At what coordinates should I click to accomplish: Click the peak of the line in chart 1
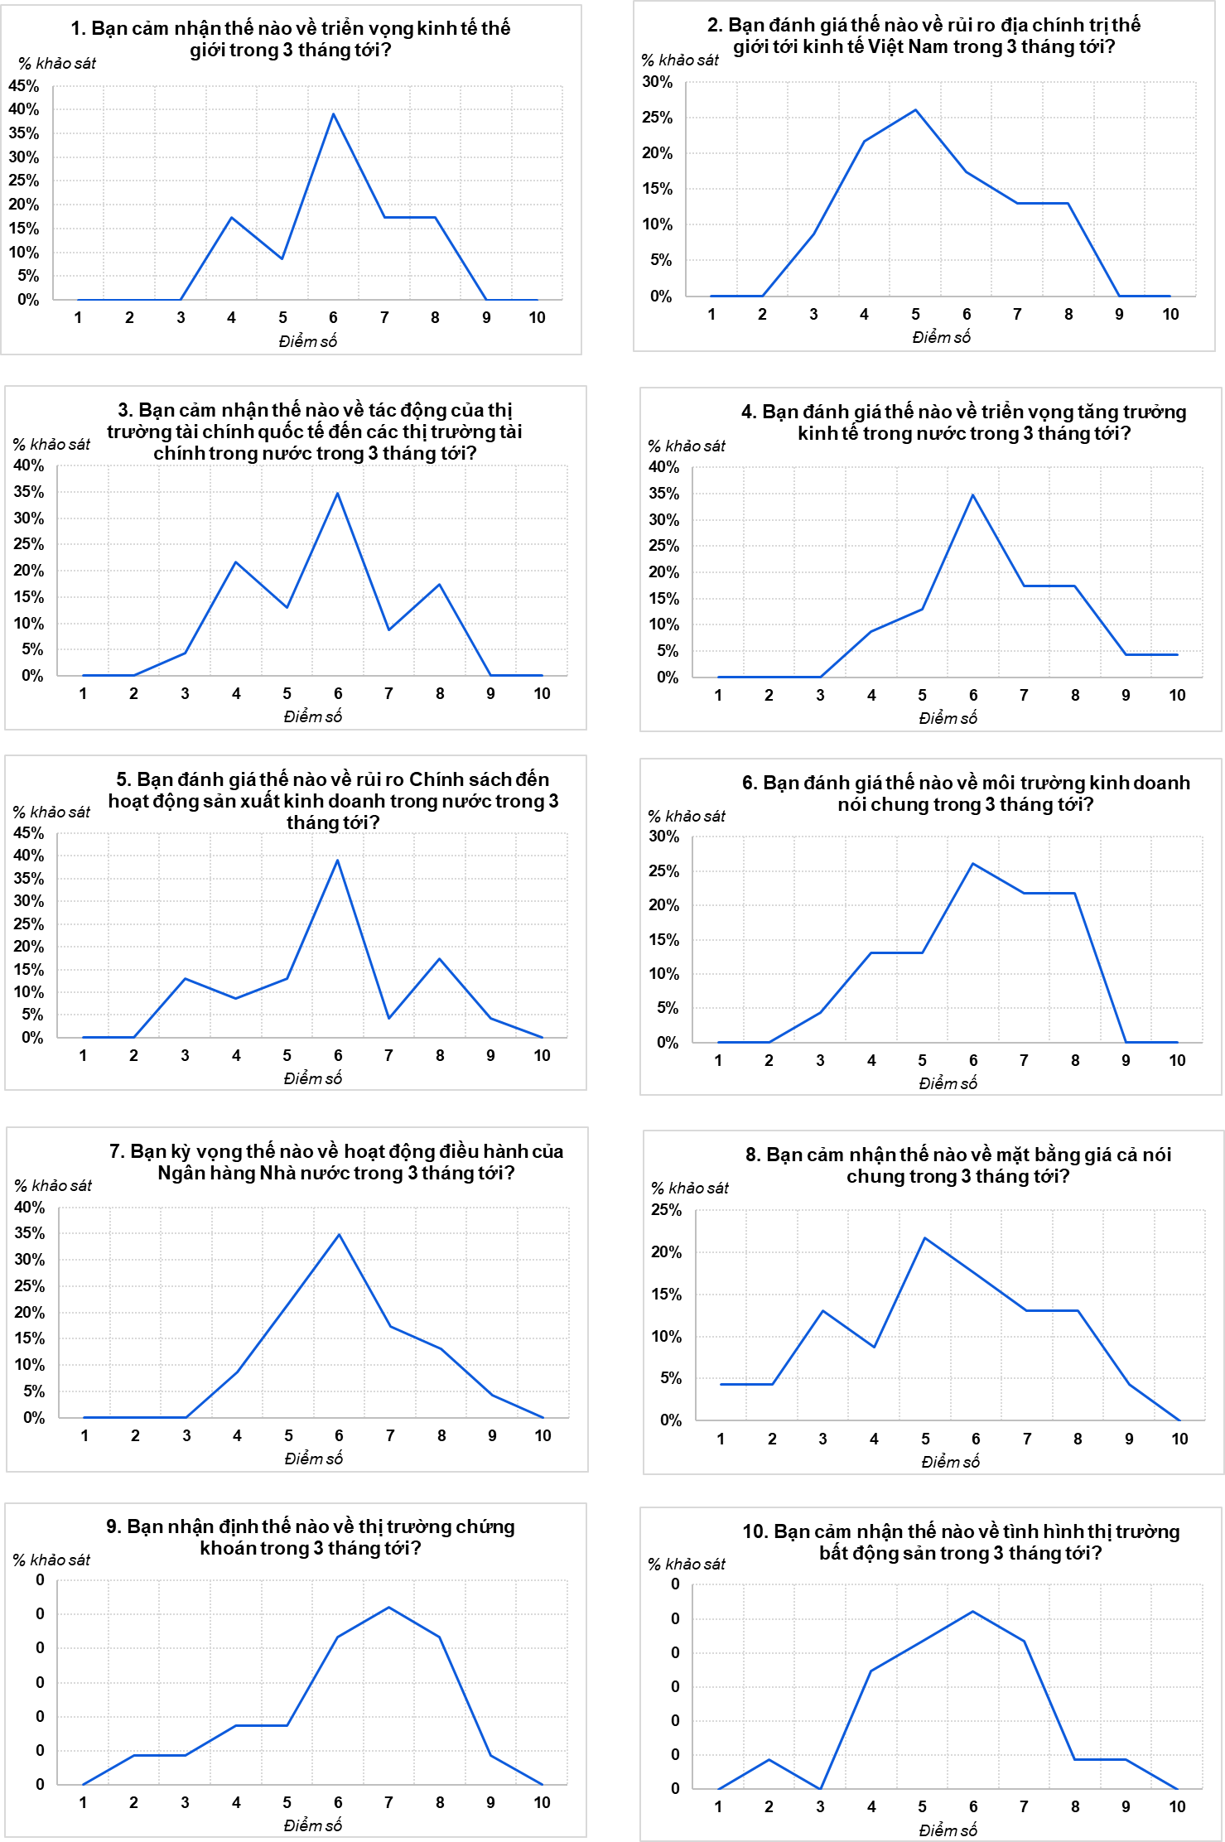tap(334, 113)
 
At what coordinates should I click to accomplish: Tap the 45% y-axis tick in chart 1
tap(24, 85)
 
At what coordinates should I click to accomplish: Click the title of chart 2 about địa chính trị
tap(924, 36)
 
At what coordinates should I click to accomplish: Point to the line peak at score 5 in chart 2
tap(915, 110)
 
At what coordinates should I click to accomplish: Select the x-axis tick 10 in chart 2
tap(1170, 314)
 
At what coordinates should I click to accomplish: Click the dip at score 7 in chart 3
tap(388, 629)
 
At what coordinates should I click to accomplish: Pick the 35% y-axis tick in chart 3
tap(28, 491)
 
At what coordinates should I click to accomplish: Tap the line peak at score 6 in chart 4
tap(972, 495)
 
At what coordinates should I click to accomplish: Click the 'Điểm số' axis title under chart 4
tap(948, 718)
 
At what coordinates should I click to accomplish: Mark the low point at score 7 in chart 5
tap(388, 1018)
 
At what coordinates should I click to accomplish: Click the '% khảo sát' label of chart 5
tap(51, 812)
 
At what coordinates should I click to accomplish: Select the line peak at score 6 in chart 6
tap(972, 864)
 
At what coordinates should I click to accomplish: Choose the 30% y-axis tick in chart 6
tap(663, 837)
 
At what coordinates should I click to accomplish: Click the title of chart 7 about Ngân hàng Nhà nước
tap(335, 1162)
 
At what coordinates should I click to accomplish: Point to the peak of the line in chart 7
tap(339, 1235)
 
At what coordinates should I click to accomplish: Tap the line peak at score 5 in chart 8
tap(924, 1238)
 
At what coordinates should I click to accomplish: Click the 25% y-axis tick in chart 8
tap(666, 1210)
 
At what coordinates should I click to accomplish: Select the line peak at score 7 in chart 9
tap(388, 1607)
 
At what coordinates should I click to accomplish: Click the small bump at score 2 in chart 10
tap(769, 1759)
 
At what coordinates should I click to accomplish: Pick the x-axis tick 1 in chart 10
tap(718, 1806)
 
